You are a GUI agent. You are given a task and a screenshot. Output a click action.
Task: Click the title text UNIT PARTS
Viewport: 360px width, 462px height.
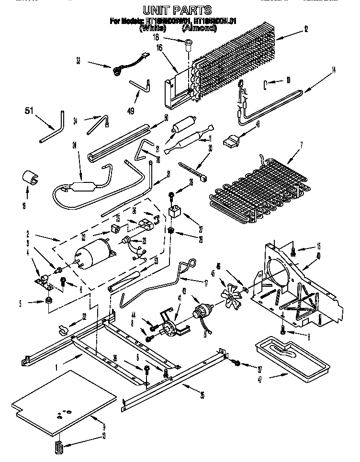click(178, 10)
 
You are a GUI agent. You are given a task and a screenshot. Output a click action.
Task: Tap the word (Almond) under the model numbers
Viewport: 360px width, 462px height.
click(199, 28)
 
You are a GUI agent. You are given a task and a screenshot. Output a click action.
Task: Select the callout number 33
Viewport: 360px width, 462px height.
click(79, 61)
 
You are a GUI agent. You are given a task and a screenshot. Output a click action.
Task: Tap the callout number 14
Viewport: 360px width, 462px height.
click(334, 71)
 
